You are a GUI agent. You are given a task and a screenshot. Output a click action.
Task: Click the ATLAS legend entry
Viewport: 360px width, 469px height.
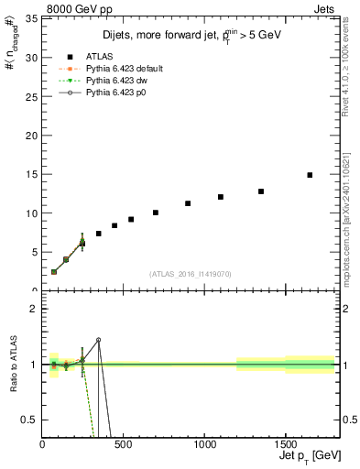101,57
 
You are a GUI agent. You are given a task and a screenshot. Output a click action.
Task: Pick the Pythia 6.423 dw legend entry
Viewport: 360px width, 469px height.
109,81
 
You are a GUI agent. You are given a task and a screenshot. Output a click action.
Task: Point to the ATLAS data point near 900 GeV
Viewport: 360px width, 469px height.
188,203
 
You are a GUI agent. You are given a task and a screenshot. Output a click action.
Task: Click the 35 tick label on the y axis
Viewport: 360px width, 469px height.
30,18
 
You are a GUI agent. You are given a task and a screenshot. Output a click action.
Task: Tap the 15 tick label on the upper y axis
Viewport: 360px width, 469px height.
30,174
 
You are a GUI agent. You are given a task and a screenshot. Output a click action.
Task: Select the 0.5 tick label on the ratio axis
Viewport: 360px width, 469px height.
27,420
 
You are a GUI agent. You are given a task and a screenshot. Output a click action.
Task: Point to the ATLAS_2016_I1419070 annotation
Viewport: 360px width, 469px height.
189,273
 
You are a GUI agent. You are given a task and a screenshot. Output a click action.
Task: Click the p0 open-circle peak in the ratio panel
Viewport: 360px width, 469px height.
98,340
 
